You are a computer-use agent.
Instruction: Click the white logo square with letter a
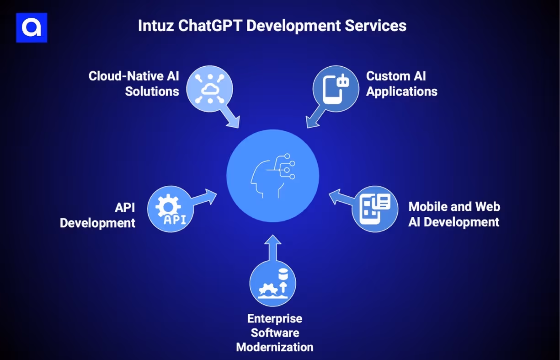pos(32,28)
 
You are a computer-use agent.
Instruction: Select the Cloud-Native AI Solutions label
pos(134,83)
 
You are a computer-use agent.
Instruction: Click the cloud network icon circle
pos(210,85)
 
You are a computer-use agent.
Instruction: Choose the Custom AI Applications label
pos(402,83)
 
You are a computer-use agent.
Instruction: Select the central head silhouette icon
pos(272,176)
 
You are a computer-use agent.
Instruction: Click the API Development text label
pos(98,215)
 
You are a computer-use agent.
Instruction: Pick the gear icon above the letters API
pos(165,204)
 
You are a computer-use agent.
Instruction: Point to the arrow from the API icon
pos(204,197)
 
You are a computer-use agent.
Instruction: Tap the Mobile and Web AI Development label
pos(454,214)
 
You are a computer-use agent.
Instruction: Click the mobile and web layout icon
pos(375,209)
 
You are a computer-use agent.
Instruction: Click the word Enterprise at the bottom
pos(275,318)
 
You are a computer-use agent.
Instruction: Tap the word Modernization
pos(275,347)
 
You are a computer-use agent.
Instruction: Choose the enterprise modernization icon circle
pos(272,284)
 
